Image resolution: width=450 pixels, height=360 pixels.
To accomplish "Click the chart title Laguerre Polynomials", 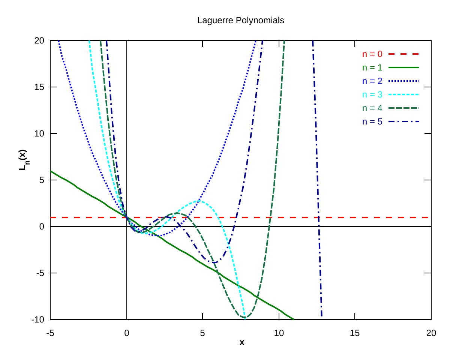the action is point(240,21).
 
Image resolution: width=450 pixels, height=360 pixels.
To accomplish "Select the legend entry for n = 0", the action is point(391,54).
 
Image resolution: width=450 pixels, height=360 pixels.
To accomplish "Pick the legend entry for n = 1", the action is point(391,67).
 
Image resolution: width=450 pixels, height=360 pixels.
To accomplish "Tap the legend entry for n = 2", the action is point(391,81).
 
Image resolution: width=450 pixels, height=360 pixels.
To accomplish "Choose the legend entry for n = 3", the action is point(391,94).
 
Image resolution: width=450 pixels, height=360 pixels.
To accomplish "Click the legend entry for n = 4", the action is point(391,108).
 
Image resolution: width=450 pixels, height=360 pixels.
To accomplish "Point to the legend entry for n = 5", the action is point(391,121).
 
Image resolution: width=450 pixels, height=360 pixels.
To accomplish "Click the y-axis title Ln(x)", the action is point(23,160).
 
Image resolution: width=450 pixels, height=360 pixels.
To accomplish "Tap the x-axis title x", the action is point(242,342).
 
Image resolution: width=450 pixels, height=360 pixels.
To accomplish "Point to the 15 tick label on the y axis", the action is point(39,87).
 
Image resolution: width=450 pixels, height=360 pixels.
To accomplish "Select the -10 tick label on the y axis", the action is point(38,319).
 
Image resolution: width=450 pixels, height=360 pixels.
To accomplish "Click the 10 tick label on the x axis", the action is point(279,333).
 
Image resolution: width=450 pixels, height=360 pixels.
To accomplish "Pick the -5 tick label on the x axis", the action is point(50,333).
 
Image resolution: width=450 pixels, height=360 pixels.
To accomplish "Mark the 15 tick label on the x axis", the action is point(355,333).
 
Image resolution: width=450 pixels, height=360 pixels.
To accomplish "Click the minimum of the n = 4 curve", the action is point(244,317).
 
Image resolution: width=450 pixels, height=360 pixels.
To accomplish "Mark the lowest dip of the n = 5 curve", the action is point(214,262).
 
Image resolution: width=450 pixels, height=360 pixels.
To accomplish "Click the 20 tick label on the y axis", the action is point(39,40).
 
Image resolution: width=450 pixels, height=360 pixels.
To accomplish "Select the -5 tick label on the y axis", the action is point(40,273).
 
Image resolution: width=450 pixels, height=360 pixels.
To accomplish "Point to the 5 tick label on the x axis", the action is point(202,333).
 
